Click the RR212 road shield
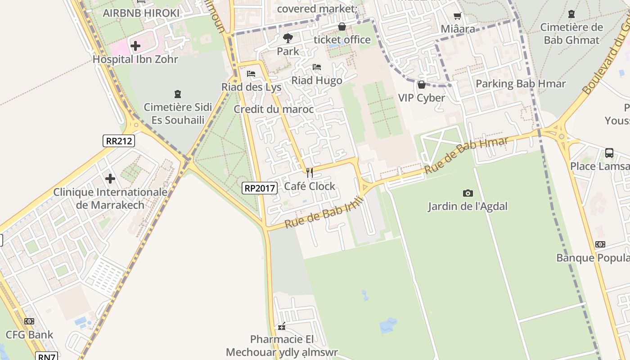click(x=118, y=141)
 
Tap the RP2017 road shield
click(x=259, y=188)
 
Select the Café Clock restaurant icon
click(x=310, y=172)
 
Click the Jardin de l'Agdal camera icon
click(x=468, y=193)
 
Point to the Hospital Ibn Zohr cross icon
click(x=135, y=45)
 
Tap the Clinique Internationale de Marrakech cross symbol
click(x=110, y=179)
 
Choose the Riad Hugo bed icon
click(x=317, y=67)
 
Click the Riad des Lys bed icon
click(x=251, y=74)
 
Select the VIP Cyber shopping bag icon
click(x=422, y=85)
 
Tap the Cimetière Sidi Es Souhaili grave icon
click(x=178, y=94)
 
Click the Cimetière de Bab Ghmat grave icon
click(x=571, y=14)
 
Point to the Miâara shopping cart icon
click(x=458, y=16)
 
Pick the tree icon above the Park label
click(x=288, y=38)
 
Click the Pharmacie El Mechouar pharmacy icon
click(x=282, y=326)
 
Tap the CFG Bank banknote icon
click(x=29, y=321)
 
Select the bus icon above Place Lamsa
click(x=609, y=153)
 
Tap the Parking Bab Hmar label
click(x=521, y=84)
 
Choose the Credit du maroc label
click(x=274, y=109)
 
